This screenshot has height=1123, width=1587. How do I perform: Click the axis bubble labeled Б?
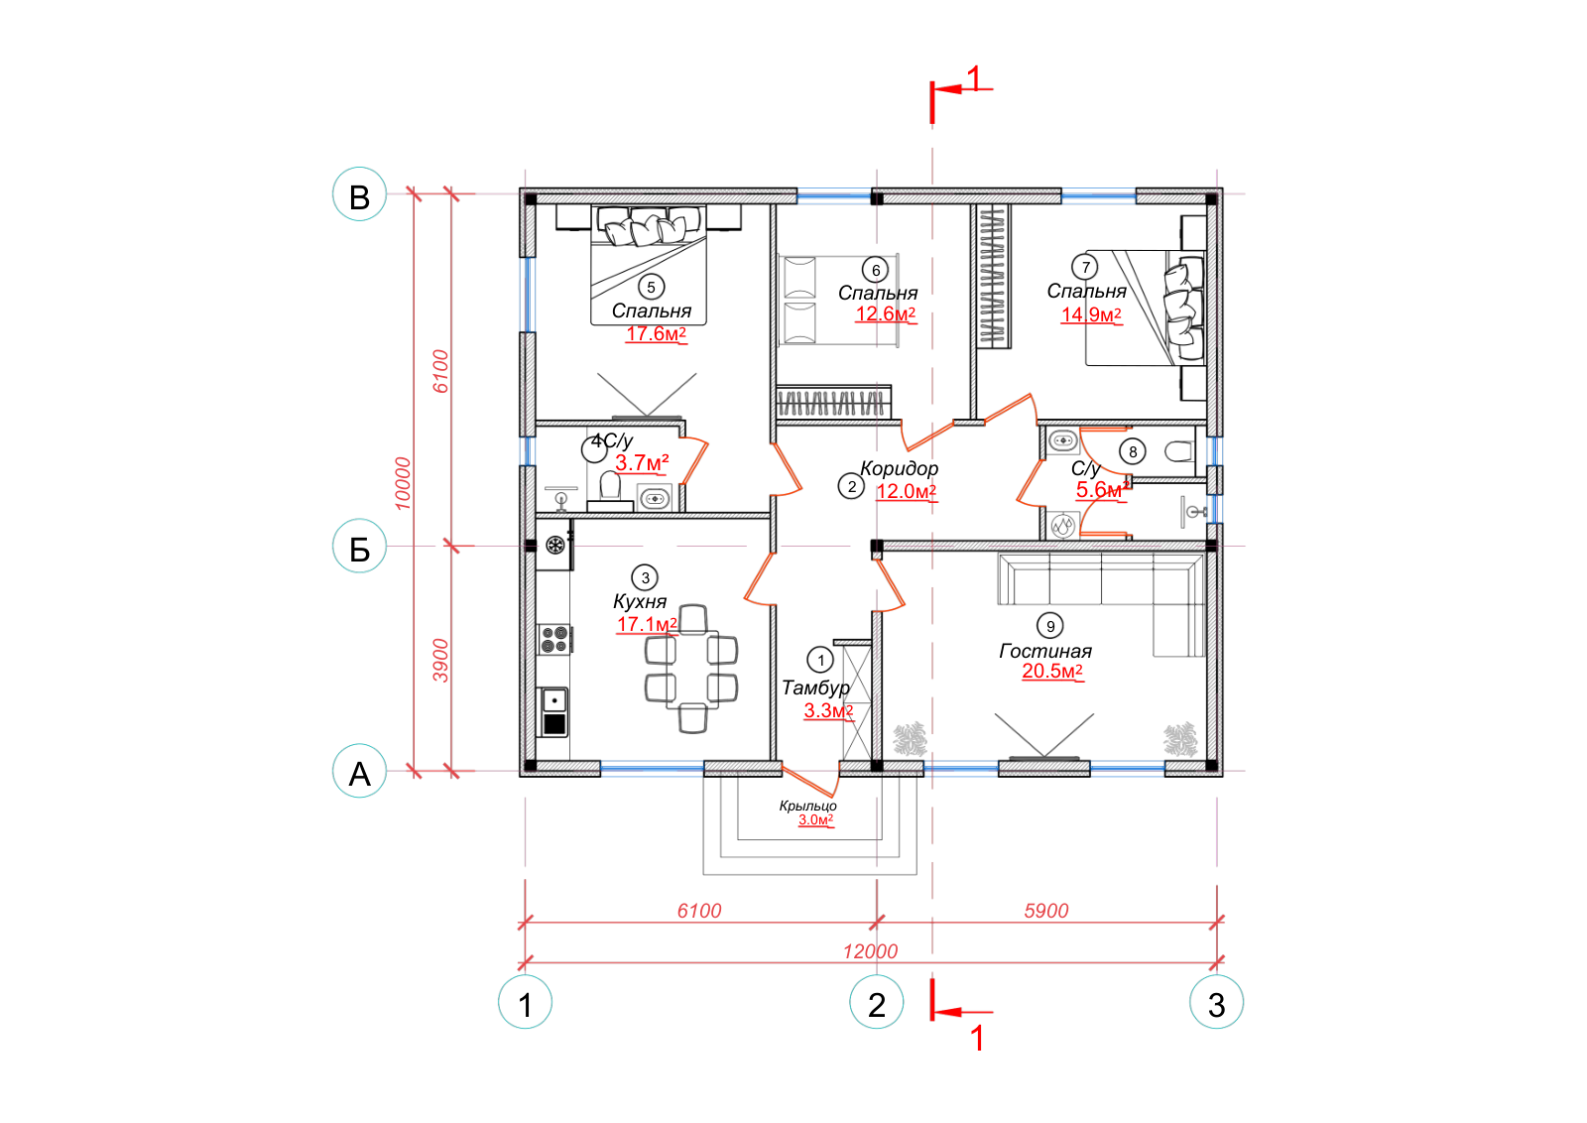[x=359, y=547]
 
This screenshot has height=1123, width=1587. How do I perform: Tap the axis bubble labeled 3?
[x=1216, y=1003]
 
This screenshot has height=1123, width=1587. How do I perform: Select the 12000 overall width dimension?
[x=870, y=951]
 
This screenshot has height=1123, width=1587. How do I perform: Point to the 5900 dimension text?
[x=1045, y=911]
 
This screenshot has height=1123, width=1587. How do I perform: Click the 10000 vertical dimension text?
[x=403, y=484]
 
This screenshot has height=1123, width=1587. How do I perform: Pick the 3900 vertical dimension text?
[x=440, y=661]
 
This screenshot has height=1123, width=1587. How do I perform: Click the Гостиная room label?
[x=1045, y=651]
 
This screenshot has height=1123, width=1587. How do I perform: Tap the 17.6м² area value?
[x=656, y=333]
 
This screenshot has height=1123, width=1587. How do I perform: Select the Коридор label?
[x=899, y=468]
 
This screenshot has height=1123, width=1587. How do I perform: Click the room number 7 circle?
[x=1085, y=267]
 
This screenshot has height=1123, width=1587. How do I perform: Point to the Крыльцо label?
[x=807, y=806]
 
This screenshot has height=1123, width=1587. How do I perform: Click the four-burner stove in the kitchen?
[x=554, y=639]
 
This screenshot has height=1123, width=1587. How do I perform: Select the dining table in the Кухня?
[x=691, y=669]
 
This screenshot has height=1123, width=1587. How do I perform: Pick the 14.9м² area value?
[x=1090, y=314]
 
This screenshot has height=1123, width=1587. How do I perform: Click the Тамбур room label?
[x=815, y=687]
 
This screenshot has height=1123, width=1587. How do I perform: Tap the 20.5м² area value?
[x=1052, y=671]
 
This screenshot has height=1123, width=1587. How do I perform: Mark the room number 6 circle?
[x=876, y=270]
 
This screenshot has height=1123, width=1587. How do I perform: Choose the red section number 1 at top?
[x=974, y=78]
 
